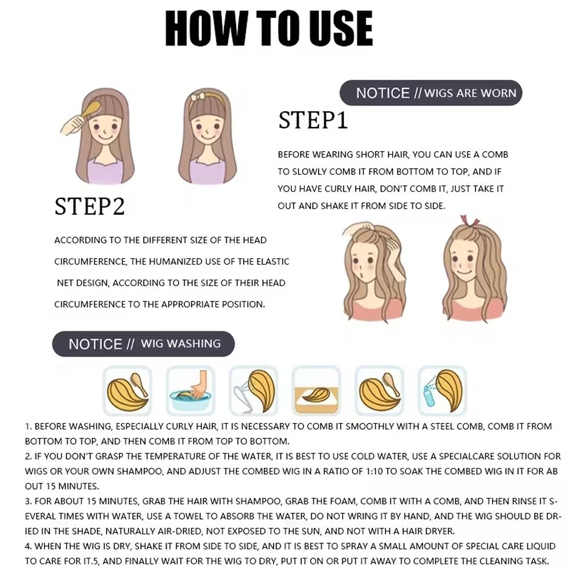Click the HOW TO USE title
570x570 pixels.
point(269,28)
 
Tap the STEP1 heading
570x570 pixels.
point(313,120)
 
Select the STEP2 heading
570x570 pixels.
point(89,206)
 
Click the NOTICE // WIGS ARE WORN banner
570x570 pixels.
point(431,93)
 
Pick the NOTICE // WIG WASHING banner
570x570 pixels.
point(143,344)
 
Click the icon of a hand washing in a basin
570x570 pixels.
point(190,390)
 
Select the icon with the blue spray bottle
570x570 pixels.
point(442,390)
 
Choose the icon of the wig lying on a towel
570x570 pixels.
point(316,390)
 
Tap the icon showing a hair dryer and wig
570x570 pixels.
point(254,390)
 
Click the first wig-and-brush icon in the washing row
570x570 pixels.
point(127,390)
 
